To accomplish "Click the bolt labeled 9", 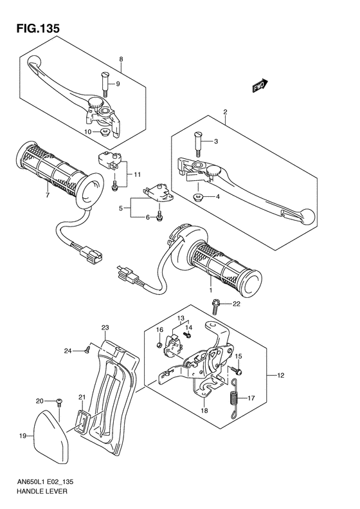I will coord(104,82).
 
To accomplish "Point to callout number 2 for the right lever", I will coord(225,113).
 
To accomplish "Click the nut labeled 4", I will coord(199,196).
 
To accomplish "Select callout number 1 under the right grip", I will coord(209,283).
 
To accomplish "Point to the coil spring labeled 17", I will coord(235,398).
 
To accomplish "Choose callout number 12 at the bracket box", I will coord(280,375).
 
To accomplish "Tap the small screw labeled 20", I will coord(59,401).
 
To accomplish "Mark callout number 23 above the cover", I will coord(105,327).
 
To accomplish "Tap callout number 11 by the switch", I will coord(138,175).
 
